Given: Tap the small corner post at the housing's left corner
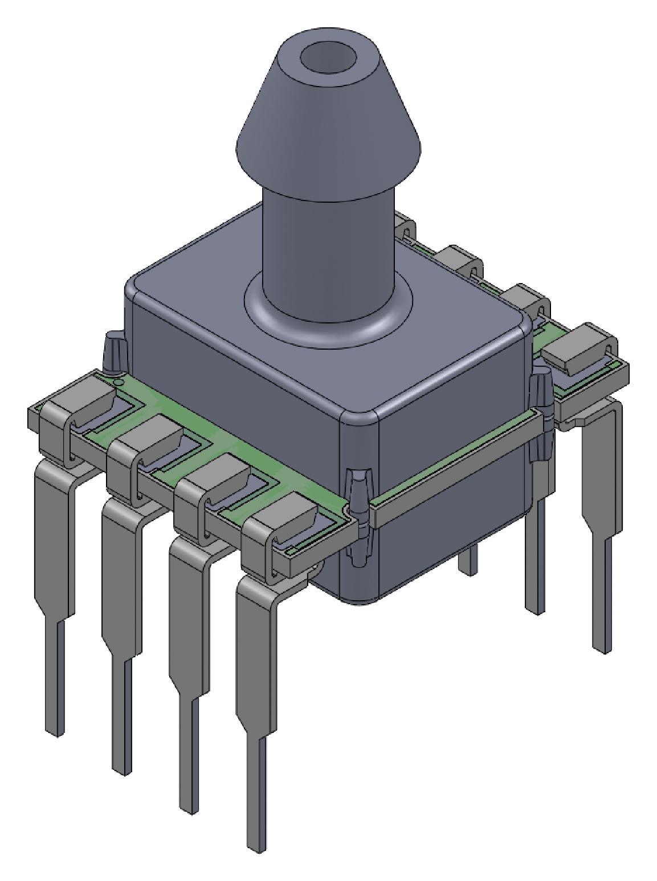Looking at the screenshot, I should pos(112,356).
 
